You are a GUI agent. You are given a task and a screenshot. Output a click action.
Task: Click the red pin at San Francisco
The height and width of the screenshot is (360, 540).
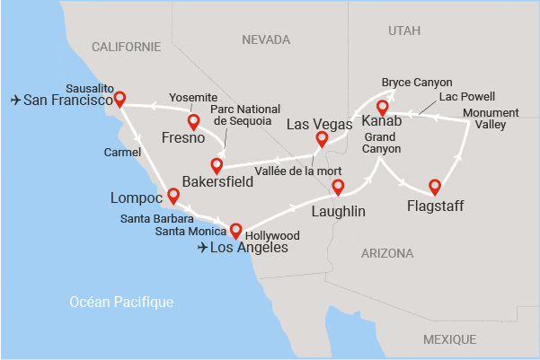(120, 99)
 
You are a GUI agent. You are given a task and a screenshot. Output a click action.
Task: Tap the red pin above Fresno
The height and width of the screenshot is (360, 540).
(193, 121)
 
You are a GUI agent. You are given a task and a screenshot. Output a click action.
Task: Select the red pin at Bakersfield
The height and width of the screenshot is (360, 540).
(217, 165)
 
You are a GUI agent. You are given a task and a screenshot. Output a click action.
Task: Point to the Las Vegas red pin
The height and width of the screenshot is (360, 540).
(322, 138)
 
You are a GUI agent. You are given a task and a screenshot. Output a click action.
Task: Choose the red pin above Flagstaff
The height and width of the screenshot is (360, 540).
(435, 187)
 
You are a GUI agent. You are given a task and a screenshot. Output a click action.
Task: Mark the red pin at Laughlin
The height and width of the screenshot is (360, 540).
(338, 187)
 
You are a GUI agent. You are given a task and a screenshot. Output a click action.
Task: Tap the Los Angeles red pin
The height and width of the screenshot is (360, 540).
(235, 229)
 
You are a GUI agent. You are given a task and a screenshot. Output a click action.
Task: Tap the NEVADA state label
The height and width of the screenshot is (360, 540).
(266, 40)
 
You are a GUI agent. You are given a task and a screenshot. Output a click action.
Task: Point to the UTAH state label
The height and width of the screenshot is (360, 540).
(403, 31)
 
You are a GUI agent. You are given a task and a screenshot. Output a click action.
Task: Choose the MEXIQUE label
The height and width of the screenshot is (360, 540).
(449, 339)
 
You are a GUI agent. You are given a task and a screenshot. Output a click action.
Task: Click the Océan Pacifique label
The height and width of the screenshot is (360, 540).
(121, 303)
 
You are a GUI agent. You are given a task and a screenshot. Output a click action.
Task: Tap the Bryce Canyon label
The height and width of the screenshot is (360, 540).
(416, 82)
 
